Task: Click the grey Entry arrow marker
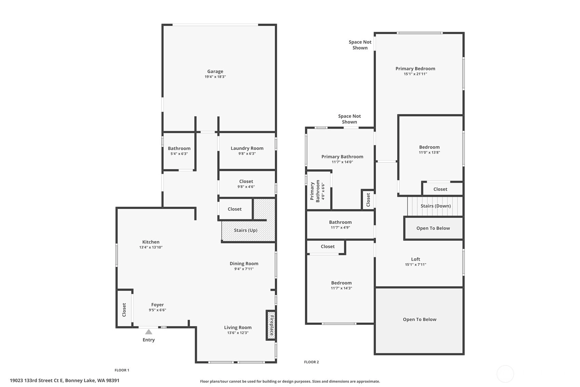point(148,332)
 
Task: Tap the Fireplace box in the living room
point(271,325)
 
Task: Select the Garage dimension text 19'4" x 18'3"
point(215,77)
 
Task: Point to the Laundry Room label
point(247,148)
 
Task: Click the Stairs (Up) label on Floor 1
point(245,230)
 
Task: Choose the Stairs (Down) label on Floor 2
point(435,206)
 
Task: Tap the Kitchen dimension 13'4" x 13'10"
point(151,247)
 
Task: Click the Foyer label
point(158,305)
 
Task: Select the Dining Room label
point(244,263)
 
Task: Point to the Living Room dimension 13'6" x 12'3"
point(238,333)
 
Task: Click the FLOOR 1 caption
point(122,370)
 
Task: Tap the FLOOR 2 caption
point(311,362)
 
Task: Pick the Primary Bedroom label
point(415,69)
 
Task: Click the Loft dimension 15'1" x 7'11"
point(416,265)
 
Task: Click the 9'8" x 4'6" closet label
point(246,186)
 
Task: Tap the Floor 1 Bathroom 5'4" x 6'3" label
point(179,151)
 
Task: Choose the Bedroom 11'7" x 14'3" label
point(341,285)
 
